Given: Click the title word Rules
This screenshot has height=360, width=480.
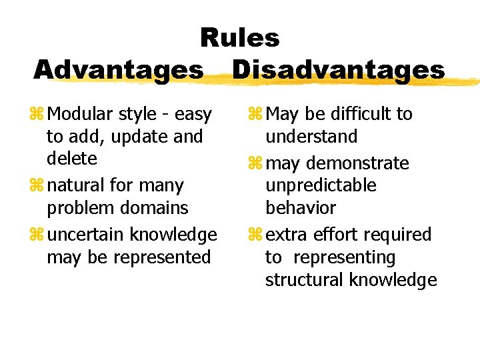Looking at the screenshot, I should click(240, 37).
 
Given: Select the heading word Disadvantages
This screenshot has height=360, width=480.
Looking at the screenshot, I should click(339, 69).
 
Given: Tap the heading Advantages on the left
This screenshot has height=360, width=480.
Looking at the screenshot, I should click(119, 69).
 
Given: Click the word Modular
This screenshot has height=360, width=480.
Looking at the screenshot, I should click(81, 114).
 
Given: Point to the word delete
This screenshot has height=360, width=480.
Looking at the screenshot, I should click(72, 159).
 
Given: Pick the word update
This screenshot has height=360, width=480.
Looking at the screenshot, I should click(138, 137).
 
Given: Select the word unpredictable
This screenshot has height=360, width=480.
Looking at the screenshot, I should click(321, 185).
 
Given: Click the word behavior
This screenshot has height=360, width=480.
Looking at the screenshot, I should click(301, 207).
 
